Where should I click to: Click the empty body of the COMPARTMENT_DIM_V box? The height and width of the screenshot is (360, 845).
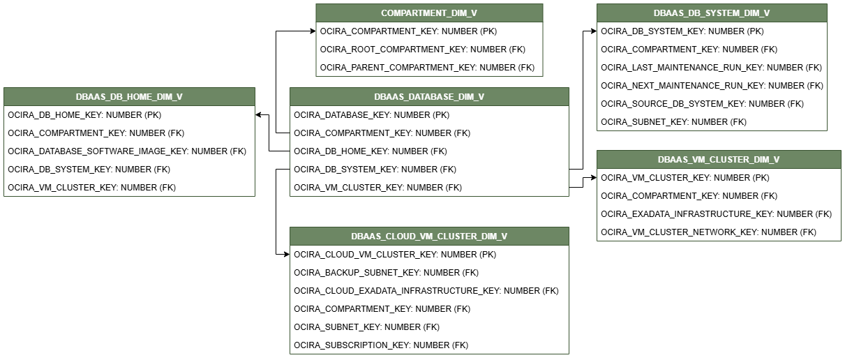click(429, 49)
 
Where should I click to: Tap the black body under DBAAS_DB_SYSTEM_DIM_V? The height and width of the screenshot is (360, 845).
click(712, 76)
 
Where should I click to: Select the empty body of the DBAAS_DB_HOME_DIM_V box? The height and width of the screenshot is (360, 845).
click(129, 151)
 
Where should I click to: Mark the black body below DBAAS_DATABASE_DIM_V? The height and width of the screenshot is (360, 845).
click(429, 151)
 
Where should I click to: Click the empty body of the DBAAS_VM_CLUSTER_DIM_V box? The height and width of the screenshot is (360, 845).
click(719, 204)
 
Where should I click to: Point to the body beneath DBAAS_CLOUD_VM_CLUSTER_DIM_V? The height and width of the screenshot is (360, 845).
click(429, 299)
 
